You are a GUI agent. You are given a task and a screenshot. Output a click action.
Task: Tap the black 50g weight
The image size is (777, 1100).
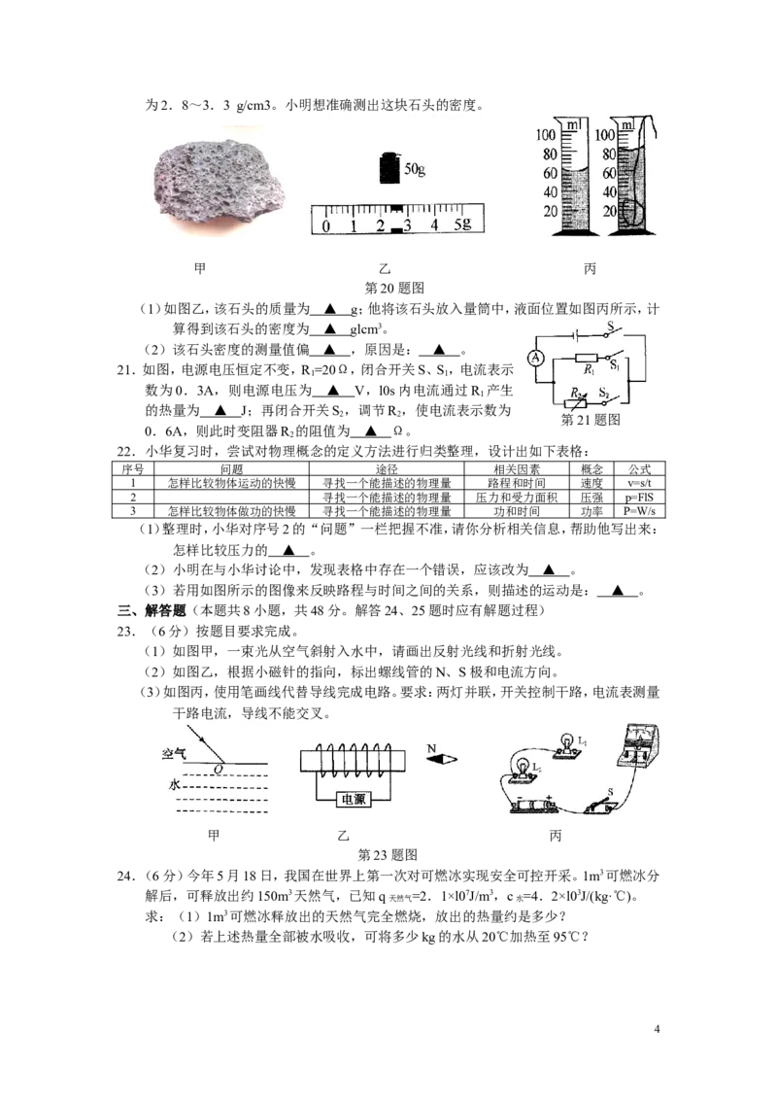coord(389,168)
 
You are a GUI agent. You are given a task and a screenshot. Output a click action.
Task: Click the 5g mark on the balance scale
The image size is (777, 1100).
coord(462,224)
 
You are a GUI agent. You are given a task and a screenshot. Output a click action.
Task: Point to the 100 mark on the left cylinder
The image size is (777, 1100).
coord(546,135)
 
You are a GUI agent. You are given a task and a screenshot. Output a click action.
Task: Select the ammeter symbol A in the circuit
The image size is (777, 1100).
coord(536,359)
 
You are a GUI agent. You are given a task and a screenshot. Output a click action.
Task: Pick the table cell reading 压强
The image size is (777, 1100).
coord(591,497)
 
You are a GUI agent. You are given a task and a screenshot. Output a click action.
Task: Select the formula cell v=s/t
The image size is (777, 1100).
coord(639,483)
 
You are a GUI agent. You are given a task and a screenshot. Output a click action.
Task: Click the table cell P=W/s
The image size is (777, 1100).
coord(639,511)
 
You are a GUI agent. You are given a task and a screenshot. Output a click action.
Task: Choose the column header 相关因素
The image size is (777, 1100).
coord(516,468)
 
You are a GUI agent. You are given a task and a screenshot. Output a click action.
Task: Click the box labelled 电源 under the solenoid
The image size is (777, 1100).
coord(353,799)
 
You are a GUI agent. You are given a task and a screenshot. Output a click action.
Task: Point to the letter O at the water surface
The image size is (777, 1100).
coord(219,770)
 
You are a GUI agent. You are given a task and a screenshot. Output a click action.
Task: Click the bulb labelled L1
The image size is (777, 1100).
coord(567,745)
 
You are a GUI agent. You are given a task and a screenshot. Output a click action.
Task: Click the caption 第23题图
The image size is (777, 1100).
coord(388,854)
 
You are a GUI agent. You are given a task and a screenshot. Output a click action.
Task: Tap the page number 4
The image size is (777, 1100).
coord(657,1029)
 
